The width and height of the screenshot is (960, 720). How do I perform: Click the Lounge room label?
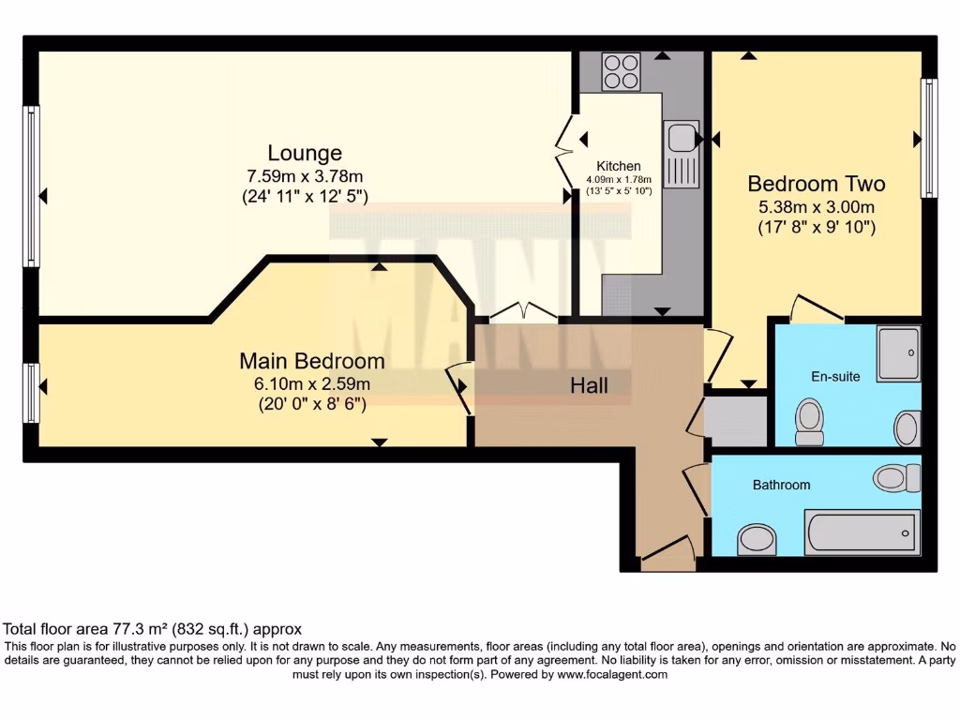305,153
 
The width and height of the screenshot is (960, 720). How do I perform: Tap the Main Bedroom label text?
311,361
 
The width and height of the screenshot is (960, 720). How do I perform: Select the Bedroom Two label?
816,184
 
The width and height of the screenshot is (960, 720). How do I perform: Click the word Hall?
590,385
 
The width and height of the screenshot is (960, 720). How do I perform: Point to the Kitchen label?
619,166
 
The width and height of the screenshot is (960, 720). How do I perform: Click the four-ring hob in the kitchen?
620,71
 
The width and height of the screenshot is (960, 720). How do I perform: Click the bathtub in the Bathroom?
861,533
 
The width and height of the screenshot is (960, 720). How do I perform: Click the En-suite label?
835,376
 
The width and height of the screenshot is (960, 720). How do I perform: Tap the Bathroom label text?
781,485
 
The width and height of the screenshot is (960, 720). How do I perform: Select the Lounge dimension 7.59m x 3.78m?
305,175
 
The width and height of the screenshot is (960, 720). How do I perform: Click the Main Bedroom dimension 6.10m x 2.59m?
311,383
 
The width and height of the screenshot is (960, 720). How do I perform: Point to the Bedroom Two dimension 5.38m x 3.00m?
816,206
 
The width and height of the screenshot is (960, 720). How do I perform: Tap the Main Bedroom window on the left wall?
32,393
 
